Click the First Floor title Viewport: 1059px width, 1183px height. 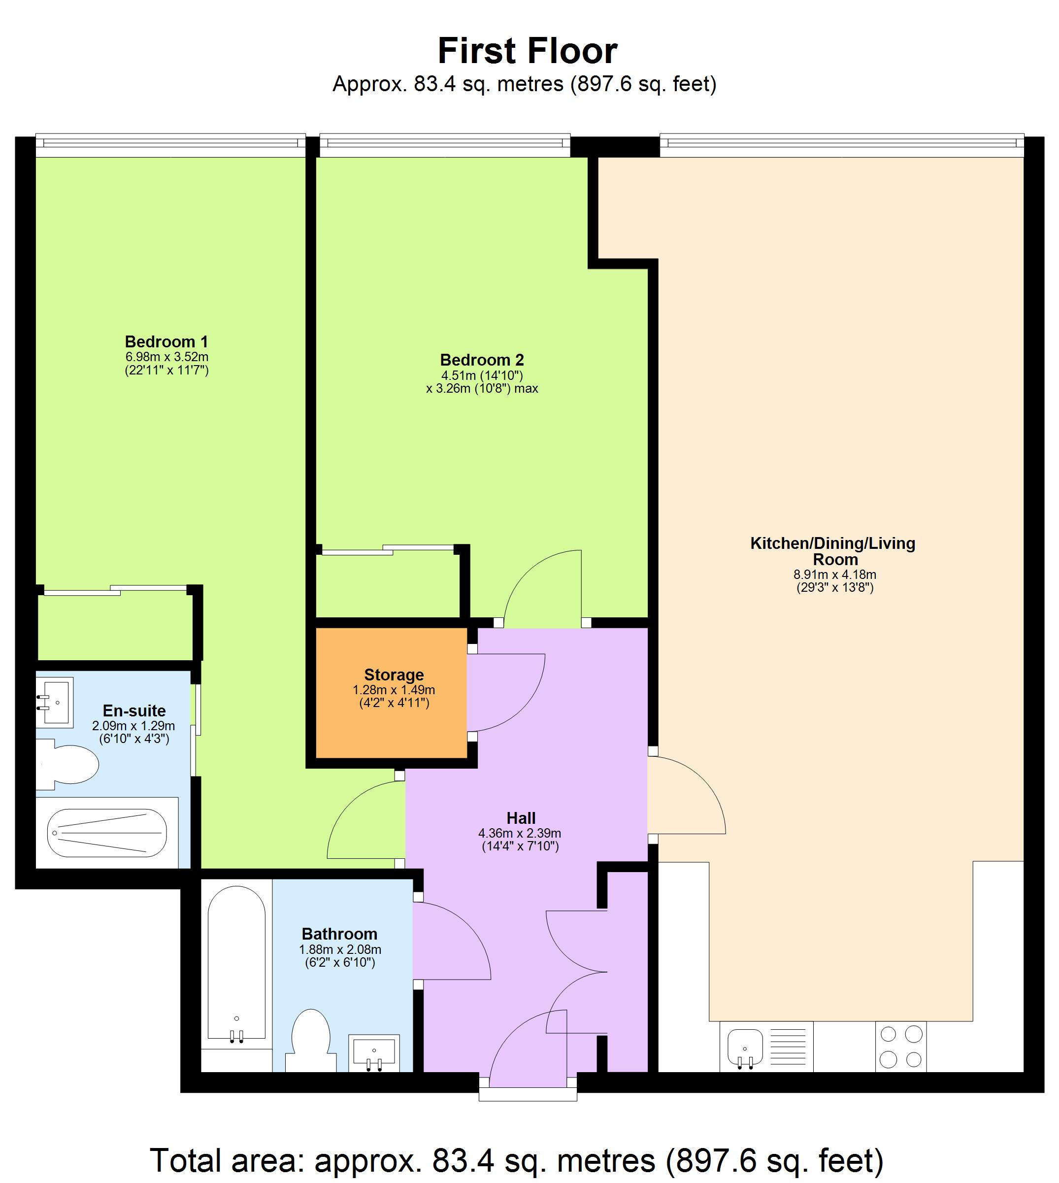[527, 51]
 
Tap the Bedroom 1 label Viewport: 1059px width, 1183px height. [166, 341]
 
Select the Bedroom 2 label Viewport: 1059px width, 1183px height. [482, 360]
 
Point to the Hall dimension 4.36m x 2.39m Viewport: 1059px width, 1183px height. [520, 833]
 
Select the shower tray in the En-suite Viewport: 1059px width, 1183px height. [107, 833]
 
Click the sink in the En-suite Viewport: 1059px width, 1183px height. [56, 702]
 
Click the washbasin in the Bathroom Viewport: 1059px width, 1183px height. [373, 1052]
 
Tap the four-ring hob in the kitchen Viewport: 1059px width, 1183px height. [901, 1046]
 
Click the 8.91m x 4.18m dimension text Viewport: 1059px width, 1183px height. [834, 575]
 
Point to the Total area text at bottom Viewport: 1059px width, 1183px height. [517, 1160]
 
